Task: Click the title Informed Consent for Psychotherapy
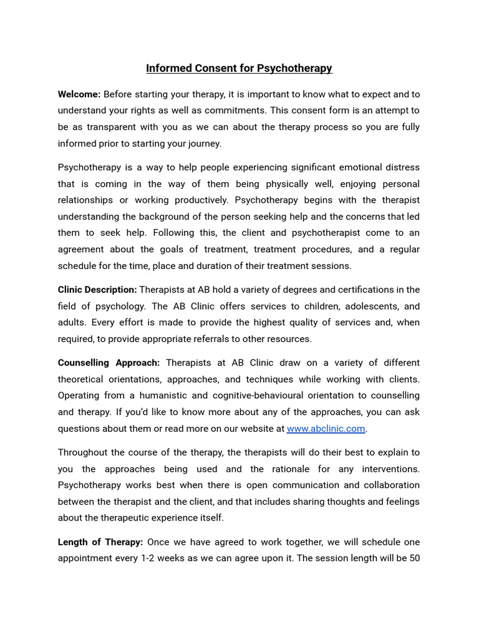(x=239, y=68)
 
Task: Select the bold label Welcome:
(x=79, y=94)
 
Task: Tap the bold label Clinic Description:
(x=97, y=290)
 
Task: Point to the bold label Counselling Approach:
(x=109, y=363)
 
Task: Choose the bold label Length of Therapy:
(x=100, y=542)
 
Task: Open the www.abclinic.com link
(x=326, y=429)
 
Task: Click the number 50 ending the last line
(x=414, y=558)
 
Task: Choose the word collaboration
(x=389, y=485)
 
